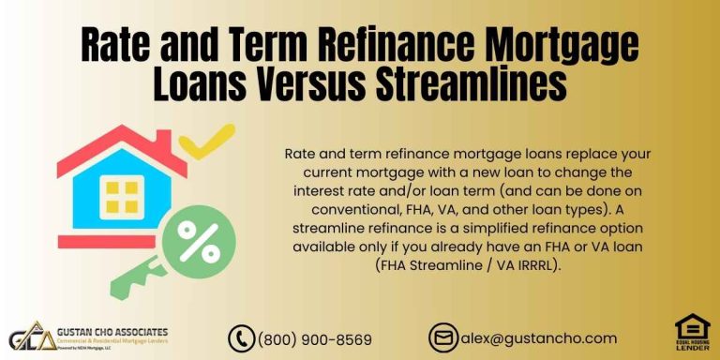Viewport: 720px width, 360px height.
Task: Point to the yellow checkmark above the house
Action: [x=207, y=141]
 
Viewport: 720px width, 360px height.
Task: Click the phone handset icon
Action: [x=242, y=338]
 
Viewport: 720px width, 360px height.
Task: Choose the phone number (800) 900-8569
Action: [x=314, y=338]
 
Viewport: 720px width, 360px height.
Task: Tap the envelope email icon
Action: [x=442, y=338]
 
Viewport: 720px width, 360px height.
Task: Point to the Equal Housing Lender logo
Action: [x=692, y=333]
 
